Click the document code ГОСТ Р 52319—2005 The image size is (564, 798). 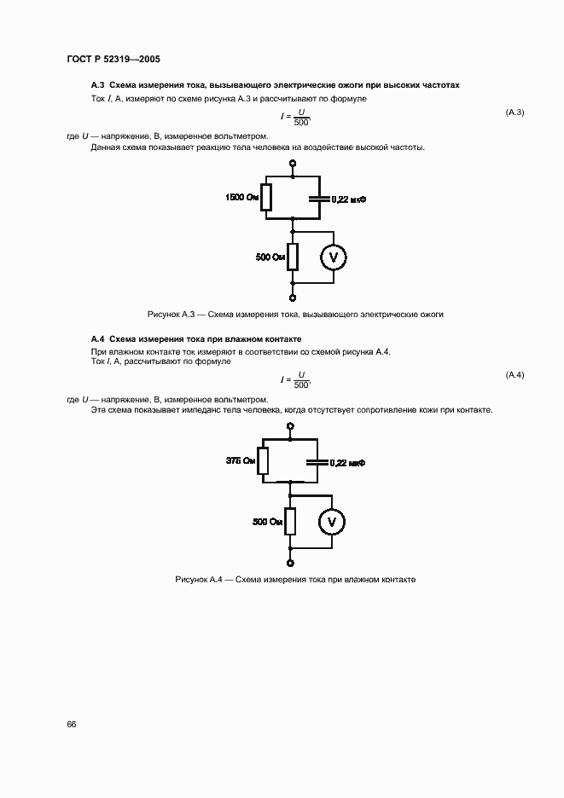tap(113, 60)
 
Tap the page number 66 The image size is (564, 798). tap(72, 724)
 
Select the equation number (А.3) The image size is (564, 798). tap(515, 113)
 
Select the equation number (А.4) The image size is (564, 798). tap(515, 376)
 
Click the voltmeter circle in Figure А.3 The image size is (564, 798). tap(334, 257)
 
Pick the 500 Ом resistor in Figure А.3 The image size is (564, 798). tap(292, 256)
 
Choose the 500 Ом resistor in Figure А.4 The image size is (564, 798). tap(292, 520)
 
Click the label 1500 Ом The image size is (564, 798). tap(241, 198)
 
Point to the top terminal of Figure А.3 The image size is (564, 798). tap(292, 164)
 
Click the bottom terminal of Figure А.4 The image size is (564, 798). tap(292, 563)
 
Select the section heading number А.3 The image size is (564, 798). tap(97, 86)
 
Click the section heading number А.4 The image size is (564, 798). tap(97, 338)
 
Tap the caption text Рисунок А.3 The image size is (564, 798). tap(173, 315)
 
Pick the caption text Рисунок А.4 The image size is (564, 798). tap(199, 579)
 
